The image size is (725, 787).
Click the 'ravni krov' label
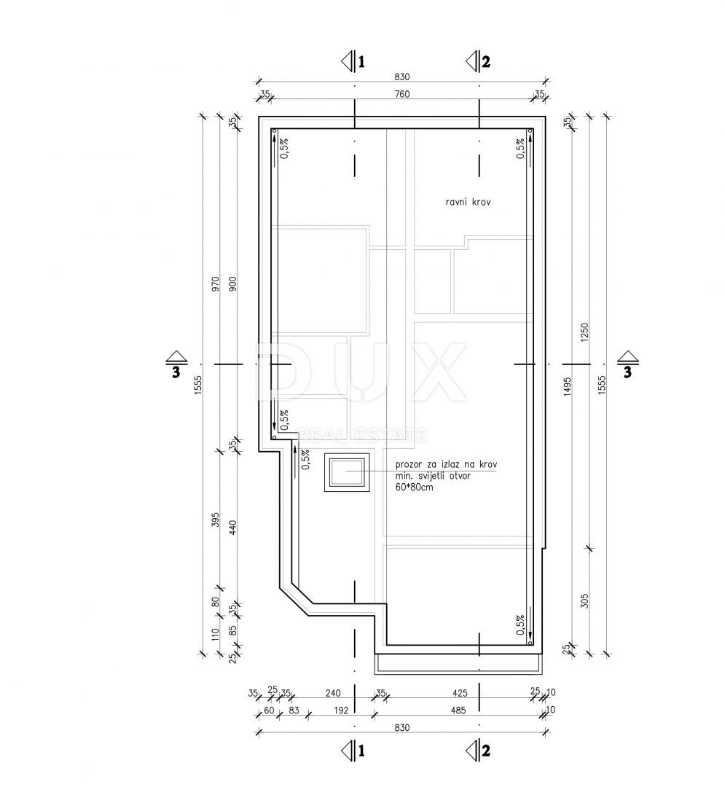pos(468,203)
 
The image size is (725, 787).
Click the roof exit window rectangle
pos(347,472)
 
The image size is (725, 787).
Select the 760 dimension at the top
pos(402,94)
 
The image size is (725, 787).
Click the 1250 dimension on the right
pos(584,332)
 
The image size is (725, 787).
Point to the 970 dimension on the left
pos(216,285)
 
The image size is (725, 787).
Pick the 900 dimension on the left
pos(233,285)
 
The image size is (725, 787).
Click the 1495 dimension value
pos(568,386)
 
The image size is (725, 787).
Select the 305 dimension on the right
pos(584,600)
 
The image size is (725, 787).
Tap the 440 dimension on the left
pos(233,527)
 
